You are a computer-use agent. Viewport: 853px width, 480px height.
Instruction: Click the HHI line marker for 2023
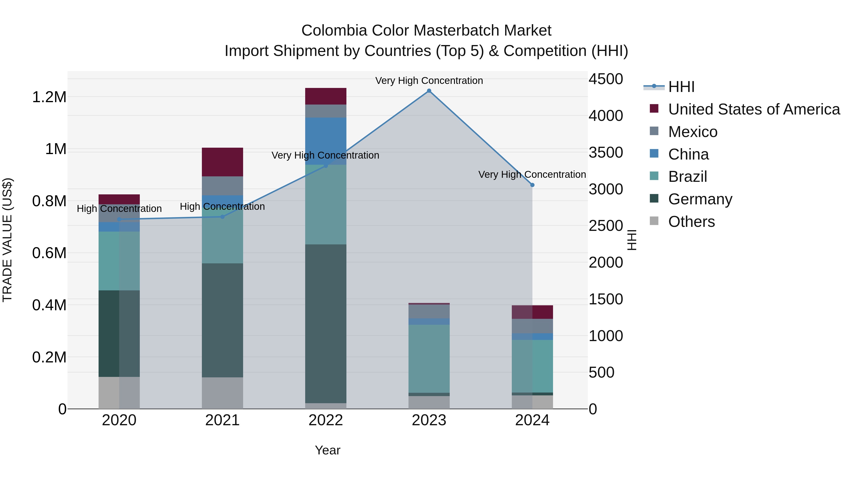429,91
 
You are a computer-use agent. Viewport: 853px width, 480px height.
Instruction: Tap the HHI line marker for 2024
532,185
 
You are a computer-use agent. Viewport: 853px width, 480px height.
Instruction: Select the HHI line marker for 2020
119,219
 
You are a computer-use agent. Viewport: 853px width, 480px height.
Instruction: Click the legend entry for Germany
700,199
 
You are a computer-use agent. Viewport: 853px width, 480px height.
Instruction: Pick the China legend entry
688,154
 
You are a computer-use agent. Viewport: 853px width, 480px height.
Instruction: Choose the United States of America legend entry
754,109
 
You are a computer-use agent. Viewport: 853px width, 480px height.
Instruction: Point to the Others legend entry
691,222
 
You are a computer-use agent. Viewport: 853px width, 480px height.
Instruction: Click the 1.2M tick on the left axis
49,97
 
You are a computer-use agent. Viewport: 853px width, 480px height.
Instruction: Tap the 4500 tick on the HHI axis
606,79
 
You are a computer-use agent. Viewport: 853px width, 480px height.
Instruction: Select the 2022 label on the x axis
326,420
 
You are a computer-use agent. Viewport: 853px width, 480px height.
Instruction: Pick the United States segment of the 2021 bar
222,162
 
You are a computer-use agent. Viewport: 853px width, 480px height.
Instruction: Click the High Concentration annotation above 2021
222,207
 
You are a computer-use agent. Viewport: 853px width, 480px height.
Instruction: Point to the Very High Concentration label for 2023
429,81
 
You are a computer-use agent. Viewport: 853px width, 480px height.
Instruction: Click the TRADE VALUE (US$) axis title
7,240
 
